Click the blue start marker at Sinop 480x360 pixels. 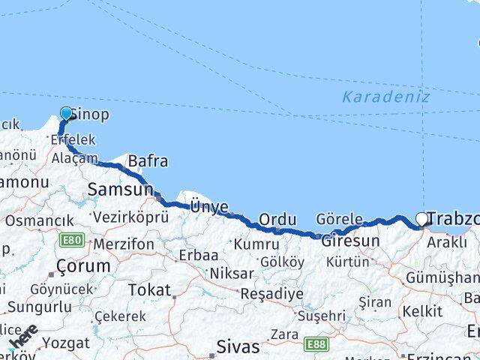(66, 114)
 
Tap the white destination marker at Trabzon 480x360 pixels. (422, 219)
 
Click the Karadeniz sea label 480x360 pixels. (385, 97)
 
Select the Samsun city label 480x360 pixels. (120, 190)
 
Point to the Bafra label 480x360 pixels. (148, 160)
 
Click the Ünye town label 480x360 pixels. (208, 205)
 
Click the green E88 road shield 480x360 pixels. (316, 344)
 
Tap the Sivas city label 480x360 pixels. (237, 346)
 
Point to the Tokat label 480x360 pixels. (149, 289)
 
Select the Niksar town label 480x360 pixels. (231, 273)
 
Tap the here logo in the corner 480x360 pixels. (24, 336)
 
